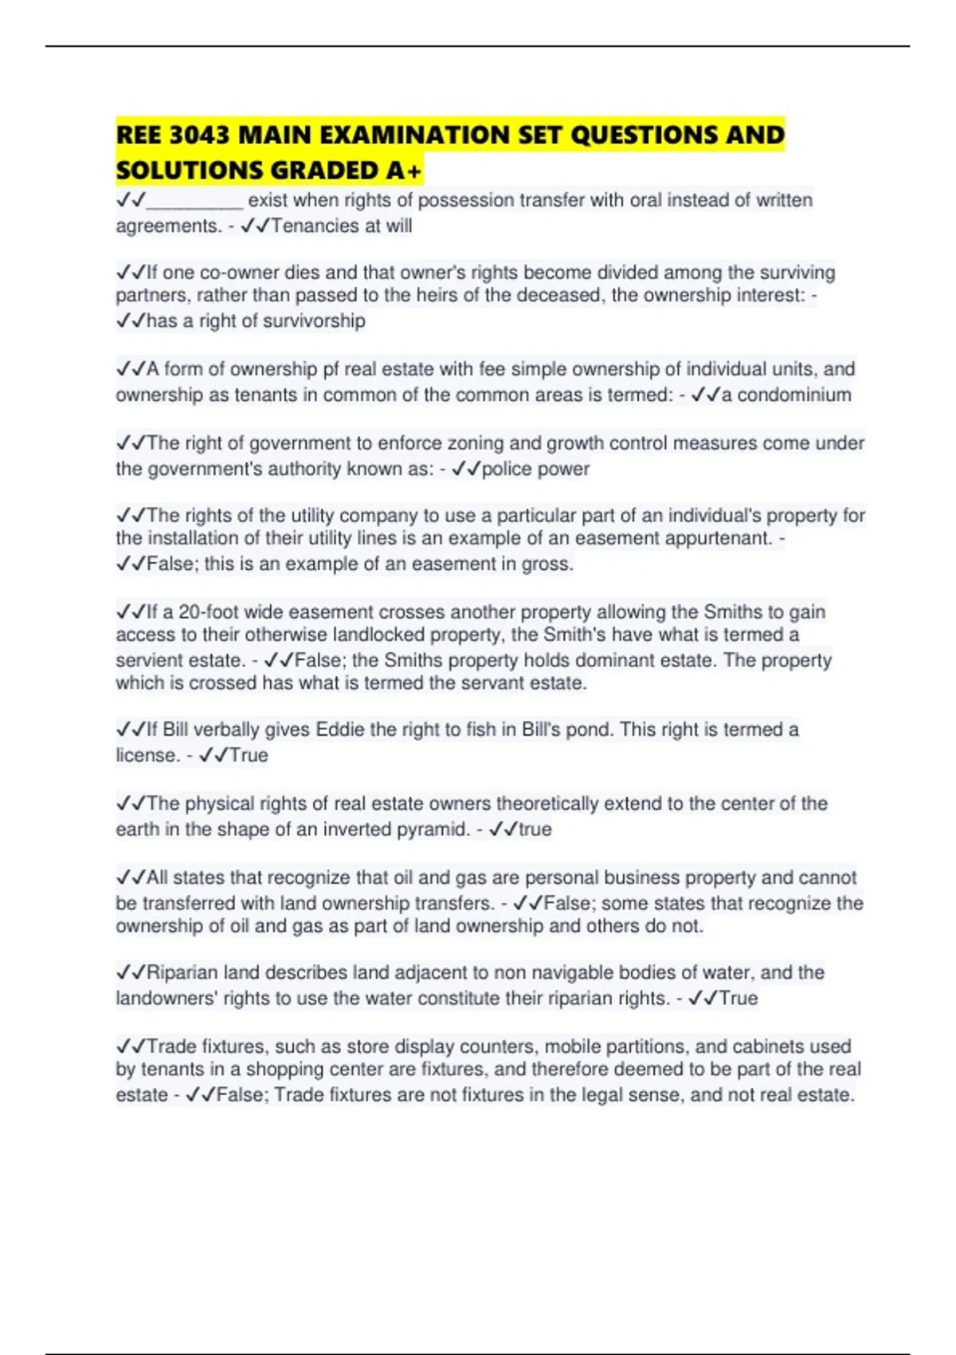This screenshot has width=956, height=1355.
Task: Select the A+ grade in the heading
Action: point(406,170)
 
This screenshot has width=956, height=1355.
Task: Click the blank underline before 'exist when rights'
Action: point(195,201)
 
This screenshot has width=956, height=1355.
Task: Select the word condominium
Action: point(794,395)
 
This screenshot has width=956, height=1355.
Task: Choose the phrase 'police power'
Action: point(535,469)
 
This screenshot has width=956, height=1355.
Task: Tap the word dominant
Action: point(618,661)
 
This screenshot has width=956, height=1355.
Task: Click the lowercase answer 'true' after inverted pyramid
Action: point(535,830)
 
